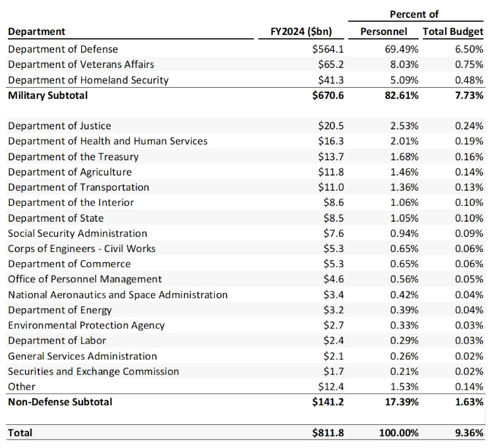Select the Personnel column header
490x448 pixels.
pyautogui.click(x=383, y=32)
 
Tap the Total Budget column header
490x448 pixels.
pyautogui.click(x=453, y=32)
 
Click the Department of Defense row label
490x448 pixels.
pyautogui.click(x=63, y=49)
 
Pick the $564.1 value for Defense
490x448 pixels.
pyautogui.click(x=328, y=49)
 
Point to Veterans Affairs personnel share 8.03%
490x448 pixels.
pyautogui.click(x=402, y=65)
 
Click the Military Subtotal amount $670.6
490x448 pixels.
pyautogui.click(x=328, y=96)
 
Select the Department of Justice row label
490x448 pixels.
pyautogui.click(x=59, y=126)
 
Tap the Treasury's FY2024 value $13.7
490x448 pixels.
pyautogui.click(x=331, y=157)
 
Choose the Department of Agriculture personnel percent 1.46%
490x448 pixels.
pyautogui.click(x=402, y=172)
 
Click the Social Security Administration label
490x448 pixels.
pyautogui.click(x=77, y=234)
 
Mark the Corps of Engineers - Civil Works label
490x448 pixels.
pyautogui.click(x=82, y=249)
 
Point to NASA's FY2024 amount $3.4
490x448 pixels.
pyautogui.click(x=334, y=295)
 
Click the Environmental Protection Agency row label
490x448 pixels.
pyautogui.click(x=86, y=325)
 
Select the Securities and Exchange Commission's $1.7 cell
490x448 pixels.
pyautogui.click(x=334, y=371)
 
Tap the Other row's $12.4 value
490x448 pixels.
pyautogui.click(x=331, y=387)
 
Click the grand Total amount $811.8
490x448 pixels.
pyautogui.click(x=328, y=433)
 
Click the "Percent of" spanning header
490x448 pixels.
pyautogui.click(x=414, y=14)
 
